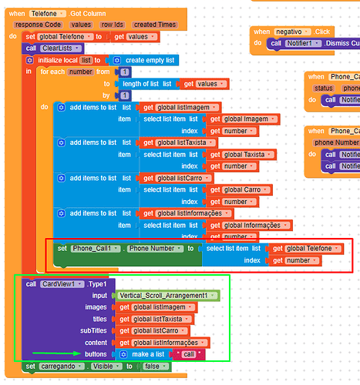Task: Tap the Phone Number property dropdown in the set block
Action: click(153, 249)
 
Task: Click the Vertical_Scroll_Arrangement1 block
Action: click(165, 295)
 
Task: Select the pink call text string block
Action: click(188, 353)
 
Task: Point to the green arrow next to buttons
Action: click(52, 353)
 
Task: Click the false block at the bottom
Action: click(156, 367)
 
